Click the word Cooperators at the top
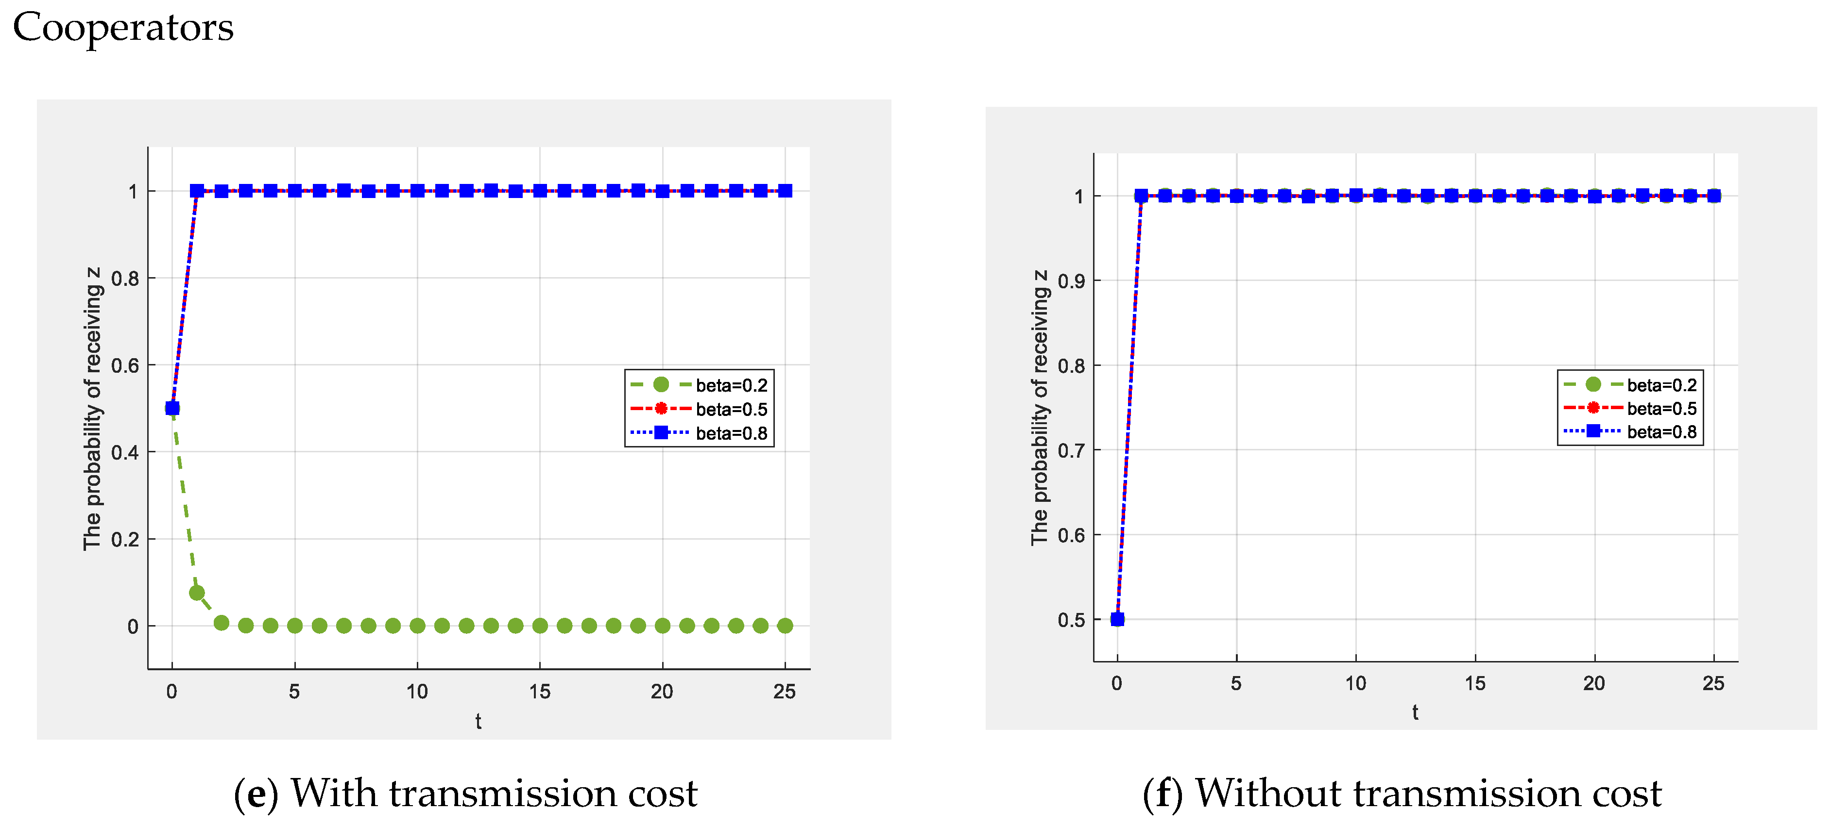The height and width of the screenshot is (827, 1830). pyautogui.click(x=123, y=29)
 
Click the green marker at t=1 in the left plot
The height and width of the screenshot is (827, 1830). pyautogui.click(x=197, y=593)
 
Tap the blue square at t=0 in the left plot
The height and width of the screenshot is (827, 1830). pyautogui.click(x=172, y=408)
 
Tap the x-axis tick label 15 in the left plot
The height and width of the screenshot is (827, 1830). pyautogui.click(x=539, y=692)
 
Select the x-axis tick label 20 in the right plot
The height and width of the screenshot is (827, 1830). pyautogui.click(x=1593, y=683)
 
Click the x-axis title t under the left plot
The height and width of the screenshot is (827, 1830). pyautogui.click(x=478, y=722)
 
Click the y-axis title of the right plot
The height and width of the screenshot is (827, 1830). pyautogui.click(x=1039, y=408)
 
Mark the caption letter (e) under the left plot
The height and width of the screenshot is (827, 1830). pyautogui.click(x=255, y=794)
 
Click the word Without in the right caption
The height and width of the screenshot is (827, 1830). pyautogui.click(x=1268, y=794)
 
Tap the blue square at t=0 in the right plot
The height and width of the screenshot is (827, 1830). pyautogui.click(x=1117, y=619)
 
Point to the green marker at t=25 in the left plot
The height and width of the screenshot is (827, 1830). pyautogui.click(x=784, y=626)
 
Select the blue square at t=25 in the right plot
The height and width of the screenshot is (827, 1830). pyautogui.click(x=1713, y=196)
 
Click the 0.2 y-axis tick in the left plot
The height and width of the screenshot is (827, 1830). pyautogui.click(x=125, y=540)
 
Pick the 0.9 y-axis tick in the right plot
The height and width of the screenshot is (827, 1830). pyautogui.click(x=1071, y=281)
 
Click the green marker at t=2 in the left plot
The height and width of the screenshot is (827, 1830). pyautogui.click(x=221, y=623)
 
